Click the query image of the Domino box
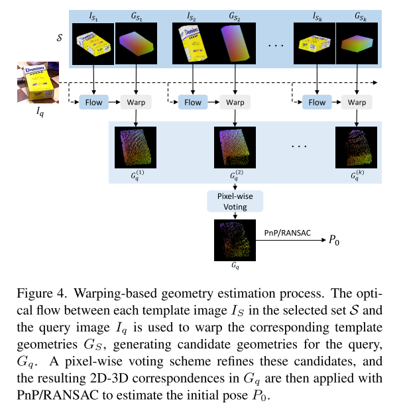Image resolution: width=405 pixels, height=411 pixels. click(38, 83)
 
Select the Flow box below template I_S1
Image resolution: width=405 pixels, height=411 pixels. click(93, 102)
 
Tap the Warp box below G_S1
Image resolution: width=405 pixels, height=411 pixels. click(136, 102)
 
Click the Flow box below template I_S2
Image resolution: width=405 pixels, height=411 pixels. click(193, 102)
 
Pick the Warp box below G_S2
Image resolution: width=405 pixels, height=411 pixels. click(235, 102)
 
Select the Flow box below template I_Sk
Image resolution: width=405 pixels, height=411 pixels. click(317, 102)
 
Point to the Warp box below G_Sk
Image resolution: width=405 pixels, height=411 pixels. click(357, 102)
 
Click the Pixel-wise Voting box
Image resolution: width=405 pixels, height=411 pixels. click(235, 202)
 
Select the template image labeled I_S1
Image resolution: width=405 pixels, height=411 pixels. click(93, 43)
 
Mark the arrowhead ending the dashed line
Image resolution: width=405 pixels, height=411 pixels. click(376, 84)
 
